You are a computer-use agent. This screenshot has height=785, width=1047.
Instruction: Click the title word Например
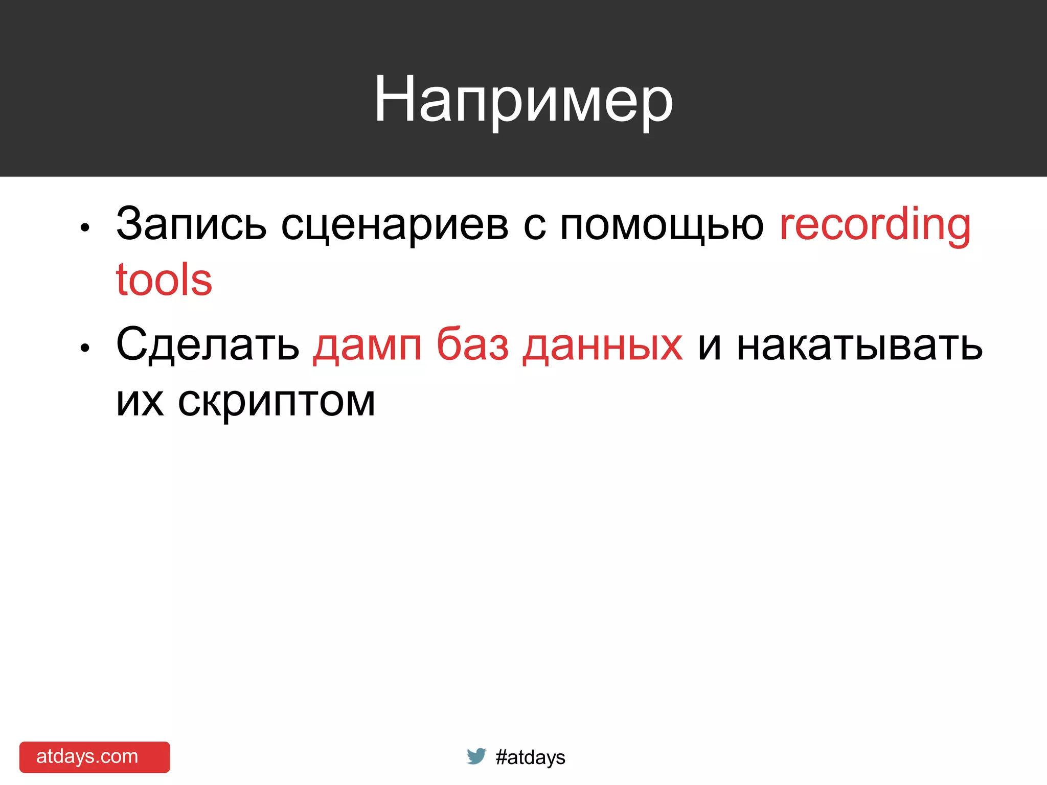tap(523, 100)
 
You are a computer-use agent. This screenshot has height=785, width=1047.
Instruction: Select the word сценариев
tap(395, 225)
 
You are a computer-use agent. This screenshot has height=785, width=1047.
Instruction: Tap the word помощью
tap(662, 225)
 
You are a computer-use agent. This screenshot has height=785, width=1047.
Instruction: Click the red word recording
tap(875, 225)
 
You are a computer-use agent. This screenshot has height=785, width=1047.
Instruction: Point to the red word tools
tap(164, 280)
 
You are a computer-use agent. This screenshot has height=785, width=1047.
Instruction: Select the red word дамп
tap(368, 345)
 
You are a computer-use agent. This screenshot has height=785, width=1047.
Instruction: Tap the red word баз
tap(472, 344)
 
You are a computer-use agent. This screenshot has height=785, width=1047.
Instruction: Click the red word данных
tap(603, 345)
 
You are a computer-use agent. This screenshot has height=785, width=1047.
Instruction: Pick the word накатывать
tap(859, 345)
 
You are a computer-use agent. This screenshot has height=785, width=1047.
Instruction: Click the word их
tap(140, 401)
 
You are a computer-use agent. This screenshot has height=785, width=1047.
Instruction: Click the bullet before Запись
tap(85, 228)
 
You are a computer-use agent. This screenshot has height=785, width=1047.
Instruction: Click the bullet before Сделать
tap(85, 348)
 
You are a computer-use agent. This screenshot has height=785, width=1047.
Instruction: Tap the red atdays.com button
tap(95, 757)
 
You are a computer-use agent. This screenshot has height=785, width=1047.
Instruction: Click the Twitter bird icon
tap(476, 756)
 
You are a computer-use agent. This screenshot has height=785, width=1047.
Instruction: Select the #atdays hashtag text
tap(530, 757)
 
